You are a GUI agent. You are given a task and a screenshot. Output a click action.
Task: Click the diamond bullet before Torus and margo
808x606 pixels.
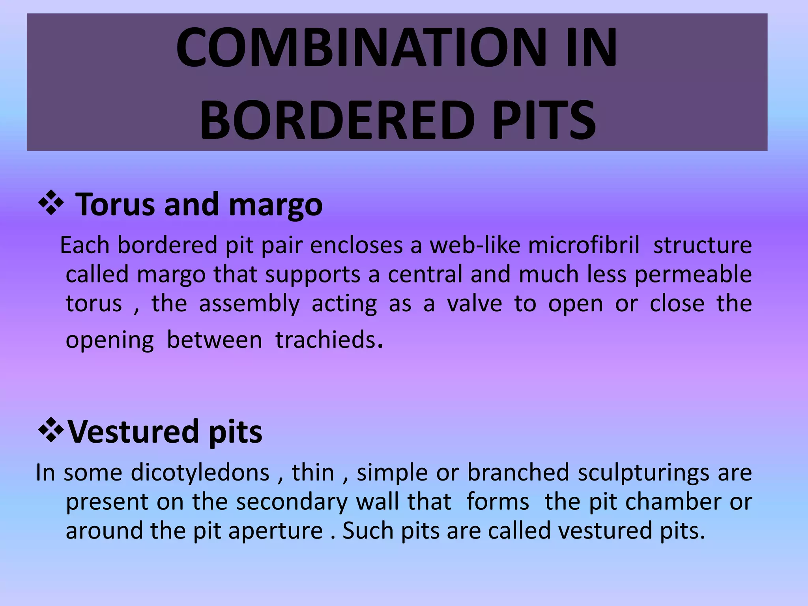(51, 204)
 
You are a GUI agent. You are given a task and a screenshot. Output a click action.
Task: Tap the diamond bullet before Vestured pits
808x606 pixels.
(51, 431)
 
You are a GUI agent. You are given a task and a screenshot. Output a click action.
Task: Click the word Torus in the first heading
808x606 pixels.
(115, 204)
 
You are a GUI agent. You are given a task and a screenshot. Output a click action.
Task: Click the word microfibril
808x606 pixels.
(584, 245)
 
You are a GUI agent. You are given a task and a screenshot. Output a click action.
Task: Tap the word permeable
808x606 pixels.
(693, 275)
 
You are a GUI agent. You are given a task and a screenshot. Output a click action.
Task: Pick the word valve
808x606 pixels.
(474, 304)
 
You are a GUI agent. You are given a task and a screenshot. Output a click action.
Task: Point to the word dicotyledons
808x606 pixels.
(200, 473)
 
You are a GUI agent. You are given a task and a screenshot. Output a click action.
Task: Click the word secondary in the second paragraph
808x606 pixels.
(292, 502)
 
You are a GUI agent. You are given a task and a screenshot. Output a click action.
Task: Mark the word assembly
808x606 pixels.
(249, 304)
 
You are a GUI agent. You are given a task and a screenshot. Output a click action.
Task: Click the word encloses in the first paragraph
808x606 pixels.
(356, 245)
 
